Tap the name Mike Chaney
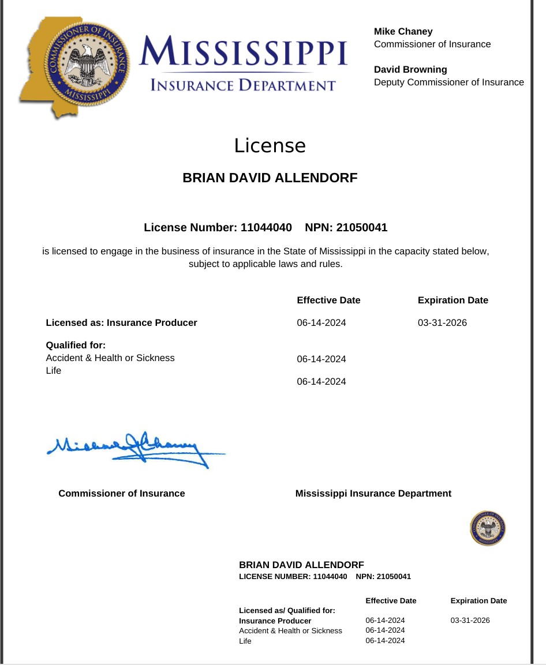click(x=403, y=32)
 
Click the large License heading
click(x=270, y=145)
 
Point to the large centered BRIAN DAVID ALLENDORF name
click(x=270, y=178)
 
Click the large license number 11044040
click(x=266, y=228)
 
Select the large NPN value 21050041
click(x=362, y=228)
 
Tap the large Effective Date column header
click(x=328, y=300)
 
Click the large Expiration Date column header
click(x=452, y=300)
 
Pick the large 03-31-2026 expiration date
click(x=442, y=323)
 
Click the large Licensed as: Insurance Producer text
click(x=121, y=323)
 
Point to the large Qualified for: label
click(x=76, y=345)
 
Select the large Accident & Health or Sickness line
click(x=110, y=358)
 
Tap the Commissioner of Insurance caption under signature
click(x=122, y=494)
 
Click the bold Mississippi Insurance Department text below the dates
click(x=373, y=494)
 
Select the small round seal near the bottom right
click(x=488, y=528)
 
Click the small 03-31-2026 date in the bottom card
click(x=470, y=621)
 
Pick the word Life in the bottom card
click(x=245, y=641)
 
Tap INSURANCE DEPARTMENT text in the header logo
click(x=243, y=86)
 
